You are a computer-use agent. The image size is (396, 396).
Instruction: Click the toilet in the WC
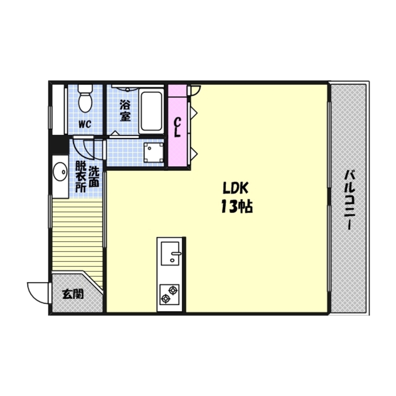click(x=86, y=99)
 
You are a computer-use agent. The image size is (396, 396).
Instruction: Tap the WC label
click(x=85, y=124)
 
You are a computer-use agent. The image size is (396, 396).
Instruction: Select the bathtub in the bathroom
click(x=151, y=111)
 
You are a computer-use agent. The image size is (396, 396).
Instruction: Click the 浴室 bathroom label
click(x=125, y=110)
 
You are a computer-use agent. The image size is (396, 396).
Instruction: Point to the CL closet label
click(x=177, y=128)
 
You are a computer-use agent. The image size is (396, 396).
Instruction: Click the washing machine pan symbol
click(x=153, y=152)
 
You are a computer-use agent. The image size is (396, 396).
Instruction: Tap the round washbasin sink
click(x=60, y=172)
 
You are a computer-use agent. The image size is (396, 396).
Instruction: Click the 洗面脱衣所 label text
click(x=88, y=177)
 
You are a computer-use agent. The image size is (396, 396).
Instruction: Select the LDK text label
click(x=236, y=188)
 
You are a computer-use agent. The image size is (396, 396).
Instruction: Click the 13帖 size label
click(x=237, y=207)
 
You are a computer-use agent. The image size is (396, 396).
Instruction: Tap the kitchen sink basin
click(x=170, y=253)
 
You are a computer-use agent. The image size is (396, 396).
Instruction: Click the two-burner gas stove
click(x=169, y=295)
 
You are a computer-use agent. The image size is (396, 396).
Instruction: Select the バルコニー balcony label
click(x=350, y=200)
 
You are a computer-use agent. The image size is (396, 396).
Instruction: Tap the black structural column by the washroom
click(x=59, y=145)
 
